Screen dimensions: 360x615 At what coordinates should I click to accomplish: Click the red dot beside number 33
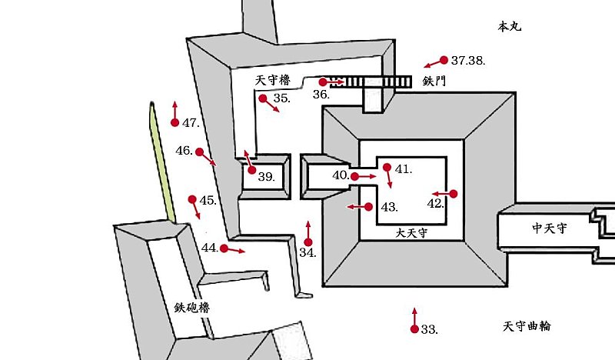tap(414, 329)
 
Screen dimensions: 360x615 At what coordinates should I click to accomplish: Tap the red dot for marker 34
tap(308, 242)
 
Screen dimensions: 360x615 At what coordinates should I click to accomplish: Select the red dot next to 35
tap(263, 98)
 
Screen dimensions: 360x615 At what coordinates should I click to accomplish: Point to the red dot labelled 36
tap(324, 81)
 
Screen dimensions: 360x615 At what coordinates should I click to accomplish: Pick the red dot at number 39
tap(251, 170)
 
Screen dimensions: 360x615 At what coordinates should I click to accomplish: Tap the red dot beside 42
tap(454, 193)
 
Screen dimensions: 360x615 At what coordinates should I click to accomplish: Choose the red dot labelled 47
tap(174, 122)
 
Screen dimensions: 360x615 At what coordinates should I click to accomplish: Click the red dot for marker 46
tap(199, 152)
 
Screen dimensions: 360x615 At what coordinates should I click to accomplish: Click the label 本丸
tap(510, 26)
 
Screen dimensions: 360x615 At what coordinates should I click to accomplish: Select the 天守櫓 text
tap(273, 80)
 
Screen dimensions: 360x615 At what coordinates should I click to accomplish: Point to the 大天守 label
tap(411, 231)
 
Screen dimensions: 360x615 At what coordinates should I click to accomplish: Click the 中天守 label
tap(550, 228)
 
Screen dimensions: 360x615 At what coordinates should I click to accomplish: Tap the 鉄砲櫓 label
tap(191, 307)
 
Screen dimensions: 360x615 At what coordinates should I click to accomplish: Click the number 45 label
tap(208, 201)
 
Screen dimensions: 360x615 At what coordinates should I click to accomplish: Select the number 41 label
tap(404, 168)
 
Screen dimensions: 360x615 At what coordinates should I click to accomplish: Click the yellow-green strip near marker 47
tap(161, 162)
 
